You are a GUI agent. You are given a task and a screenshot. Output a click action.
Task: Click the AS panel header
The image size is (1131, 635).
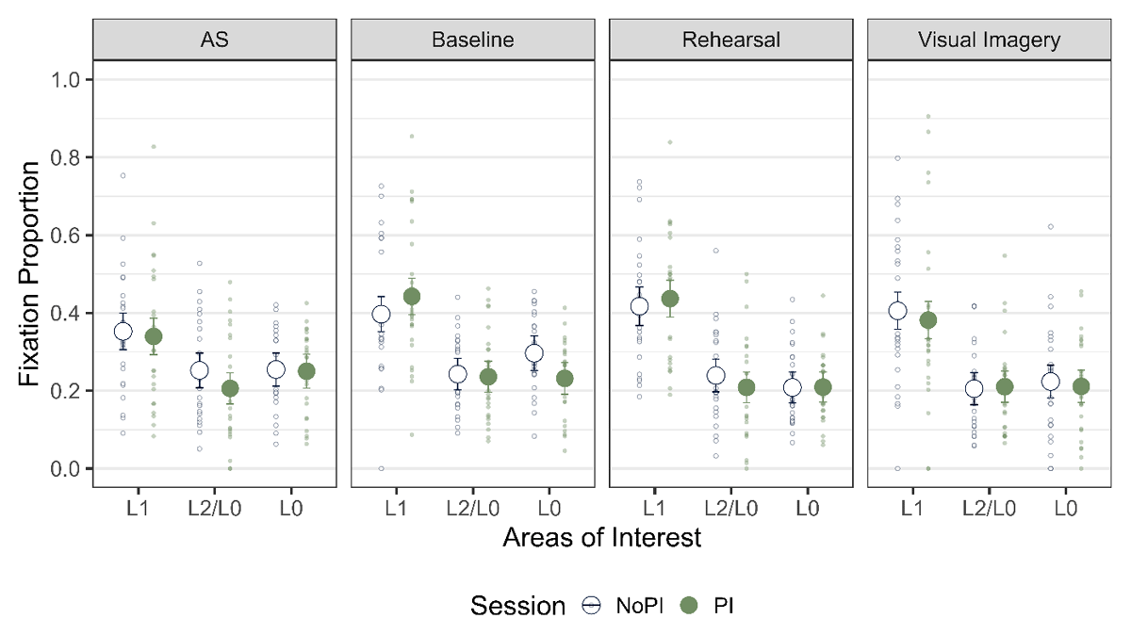215,41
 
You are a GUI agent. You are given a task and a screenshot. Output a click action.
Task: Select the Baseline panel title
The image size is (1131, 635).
472,41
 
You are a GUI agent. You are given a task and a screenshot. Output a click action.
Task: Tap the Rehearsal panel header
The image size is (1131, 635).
730,41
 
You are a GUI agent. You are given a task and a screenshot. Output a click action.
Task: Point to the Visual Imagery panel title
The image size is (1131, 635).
989,41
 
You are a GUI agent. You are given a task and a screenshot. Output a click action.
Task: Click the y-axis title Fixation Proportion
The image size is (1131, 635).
30,273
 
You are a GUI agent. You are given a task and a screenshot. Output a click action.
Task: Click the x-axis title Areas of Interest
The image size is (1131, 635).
601,538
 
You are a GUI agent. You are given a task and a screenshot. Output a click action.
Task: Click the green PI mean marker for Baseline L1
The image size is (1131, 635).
411,297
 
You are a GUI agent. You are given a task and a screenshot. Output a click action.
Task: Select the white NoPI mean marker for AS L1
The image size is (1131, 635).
123,331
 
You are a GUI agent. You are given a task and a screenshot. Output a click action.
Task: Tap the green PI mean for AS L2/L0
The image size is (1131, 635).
230,388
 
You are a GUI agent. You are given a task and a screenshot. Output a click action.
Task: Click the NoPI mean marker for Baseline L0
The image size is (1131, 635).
534,353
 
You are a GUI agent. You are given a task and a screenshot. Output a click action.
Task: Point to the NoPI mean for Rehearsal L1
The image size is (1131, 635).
639,305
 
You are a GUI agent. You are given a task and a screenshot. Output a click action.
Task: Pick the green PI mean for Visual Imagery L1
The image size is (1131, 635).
927,320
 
